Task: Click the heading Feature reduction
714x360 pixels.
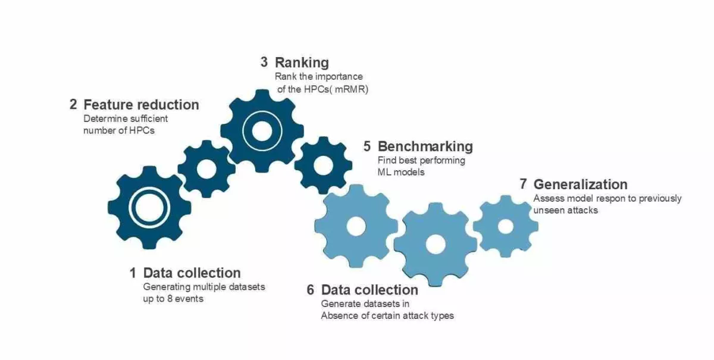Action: point(141,105)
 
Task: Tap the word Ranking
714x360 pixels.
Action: point(302,62)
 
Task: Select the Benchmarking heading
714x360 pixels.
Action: point(425,146)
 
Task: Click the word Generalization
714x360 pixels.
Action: point(580,184)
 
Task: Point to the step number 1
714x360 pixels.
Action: point(133,273)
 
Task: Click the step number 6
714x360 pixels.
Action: point(310,290)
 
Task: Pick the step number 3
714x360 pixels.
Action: point(264,62)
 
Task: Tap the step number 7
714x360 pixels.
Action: point(523,184)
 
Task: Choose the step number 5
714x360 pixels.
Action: point(367,146)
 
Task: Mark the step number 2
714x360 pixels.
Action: point(73,105)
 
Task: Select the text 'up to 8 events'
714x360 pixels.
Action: point(173,299)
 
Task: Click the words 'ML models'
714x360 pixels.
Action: point(401,172)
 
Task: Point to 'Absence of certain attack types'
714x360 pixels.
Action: point(387,315)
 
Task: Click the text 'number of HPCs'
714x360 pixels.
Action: point(119,130)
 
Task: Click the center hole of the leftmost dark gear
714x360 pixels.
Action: point(149,208)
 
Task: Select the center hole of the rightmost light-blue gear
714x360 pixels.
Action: point(506,226)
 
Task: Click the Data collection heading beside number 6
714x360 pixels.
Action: point(369,290)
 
